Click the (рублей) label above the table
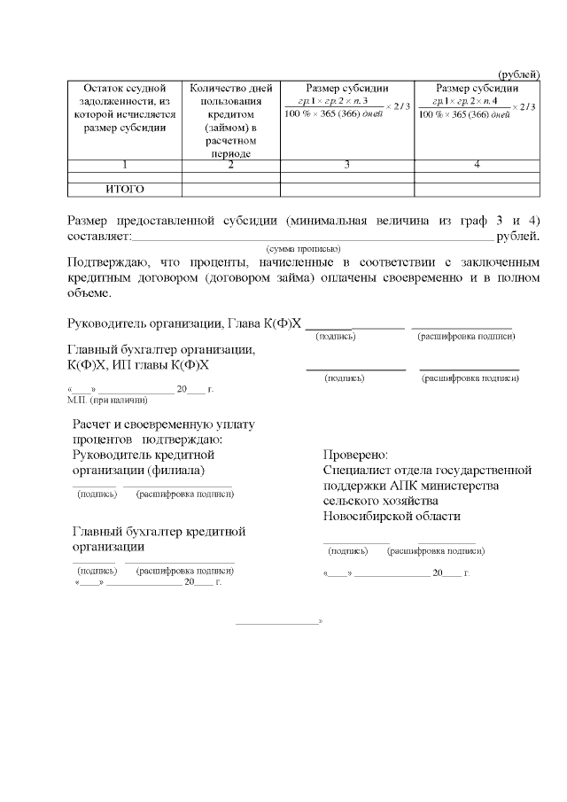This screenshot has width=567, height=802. coord(518,74)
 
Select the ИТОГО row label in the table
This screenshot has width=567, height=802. coord(125,189)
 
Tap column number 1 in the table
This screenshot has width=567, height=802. coord(125,165)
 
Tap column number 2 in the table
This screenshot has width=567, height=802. coord(230,165)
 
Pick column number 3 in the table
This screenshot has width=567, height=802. coord(346,165)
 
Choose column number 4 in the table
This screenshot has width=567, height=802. coord(477,165)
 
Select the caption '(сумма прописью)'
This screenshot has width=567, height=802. coord(303,249)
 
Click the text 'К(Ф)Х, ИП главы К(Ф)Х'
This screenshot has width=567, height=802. coord(138,364)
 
